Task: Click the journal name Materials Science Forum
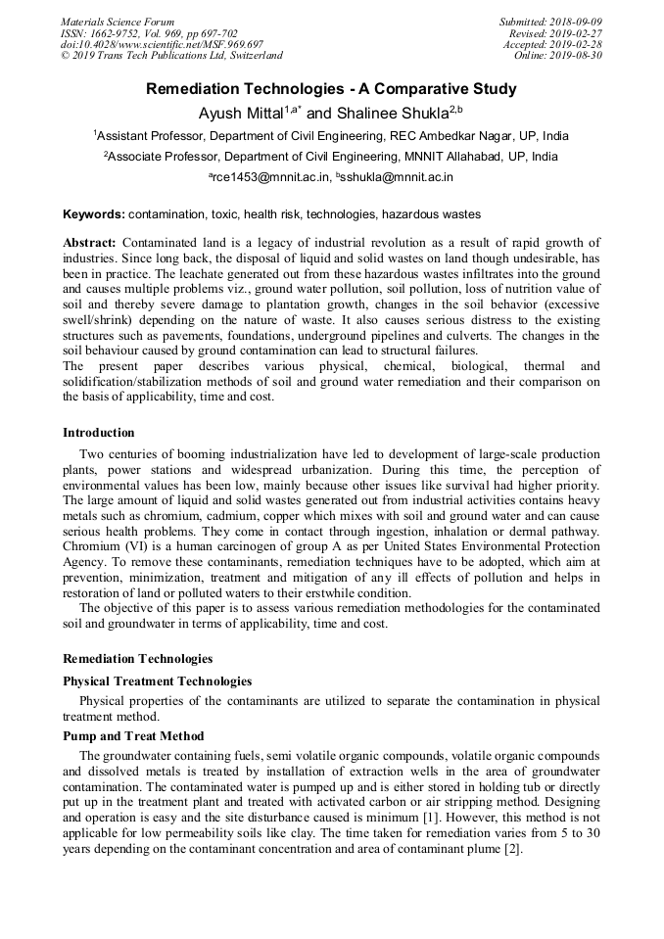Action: (x=118, y=22)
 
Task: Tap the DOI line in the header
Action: (x=162, y=45)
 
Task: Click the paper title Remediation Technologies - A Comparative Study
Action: (x=331, y=89)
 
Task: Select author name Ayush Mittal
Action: (x=240, y=114)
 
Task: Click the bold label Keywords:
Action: (x=94, y=213)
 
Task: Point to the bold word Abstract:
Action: (x=90, y=242)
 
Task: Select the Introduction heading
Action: (x=99, y=432)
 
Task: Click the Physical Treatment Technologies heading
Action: (x=157, y=681)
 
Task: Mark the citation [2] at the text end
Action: (x=514, y=849)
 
